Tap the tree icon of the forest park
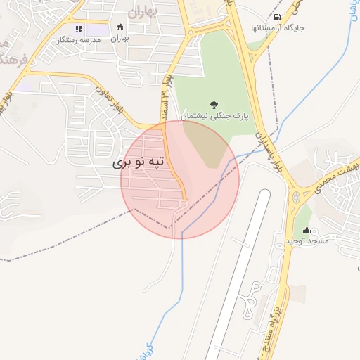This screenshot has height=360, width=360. point(214,104)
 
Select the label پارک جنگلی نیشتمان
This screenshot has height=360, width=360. point(210,115)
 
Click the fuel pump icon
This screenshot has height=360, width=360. point(278,18)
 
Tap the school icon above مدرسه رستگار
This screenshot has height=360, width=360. point(79,30)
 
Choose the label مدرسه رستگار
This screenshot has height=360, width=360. point(81,41)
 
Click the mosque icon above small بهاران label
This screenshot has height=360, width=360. point(120,27)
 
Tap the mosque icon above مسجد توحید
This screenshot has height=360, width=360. point(307,230)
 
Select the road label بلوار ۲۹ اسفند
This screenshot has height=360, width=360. point(167,88)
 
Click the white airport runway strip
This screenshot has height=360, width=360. point(239,274)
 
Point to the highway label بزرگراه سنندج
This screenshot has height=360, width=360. point(276,330)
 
